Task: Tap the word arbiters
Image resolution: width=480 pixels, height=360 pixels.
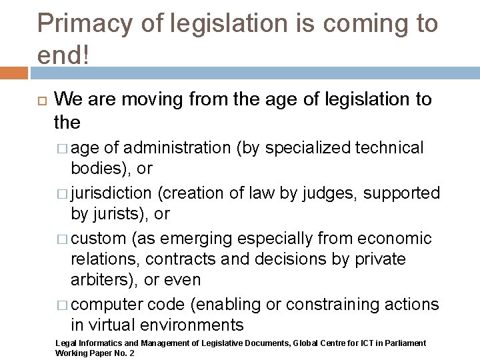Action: (x=100, y=280)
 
